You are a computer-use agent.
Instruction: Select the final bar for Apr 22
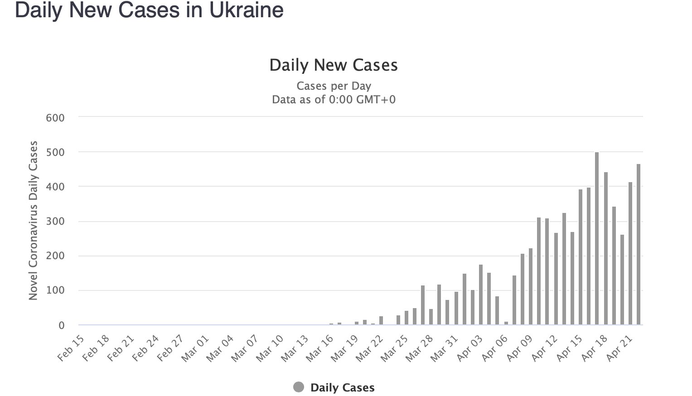coord(639,245)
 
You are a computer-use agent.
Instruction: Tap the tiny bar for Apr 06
coord(506,323)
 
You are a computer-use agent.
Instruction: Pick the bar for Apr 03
coord(481,295)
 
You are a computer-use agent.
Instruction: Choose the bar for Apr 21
coord(630,254)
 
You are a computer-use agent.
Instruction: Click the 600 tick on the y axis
coord(55,118)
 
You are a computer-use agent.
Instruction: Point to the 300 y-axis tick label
coord(55,222)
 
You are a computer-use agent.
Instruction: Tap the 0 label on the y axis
coord(61,325)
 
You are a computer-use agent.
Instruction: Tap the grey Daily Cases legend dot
coord(299,387)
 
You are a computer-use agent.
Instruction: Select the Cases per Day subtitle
coord(334,86)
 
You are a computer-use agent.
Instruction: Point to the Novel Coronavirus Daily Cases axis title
coord(33,221)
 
